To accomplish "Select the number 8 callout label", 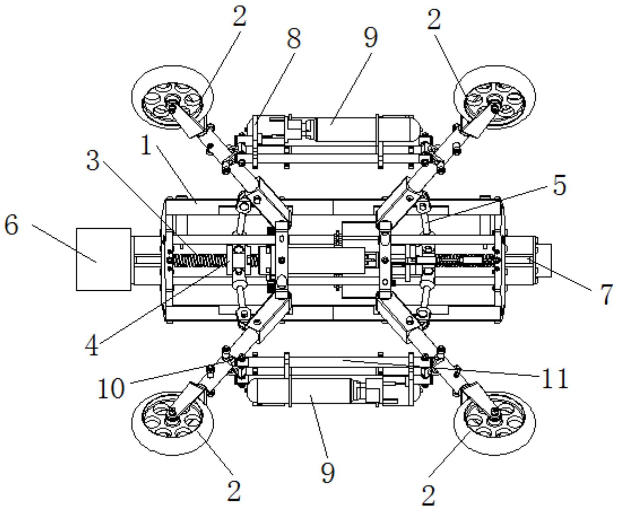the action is click(293, 39).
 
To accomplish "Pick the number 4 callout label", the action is click(92, 346).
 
